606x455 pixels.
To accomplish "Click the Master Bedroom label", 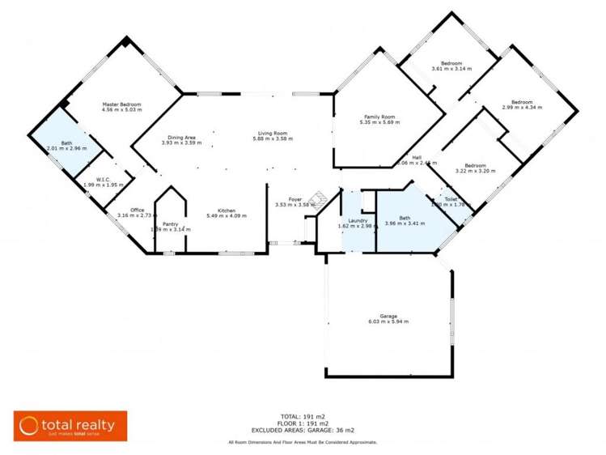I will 121,104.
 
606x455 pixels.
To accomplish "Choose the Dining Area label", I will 181,137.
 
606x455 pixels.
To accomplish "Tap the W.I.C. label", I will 102,179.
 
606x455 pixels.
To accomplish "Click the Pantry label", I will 170,223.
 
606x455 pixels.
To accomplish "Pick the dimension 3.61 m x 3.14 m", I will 451,70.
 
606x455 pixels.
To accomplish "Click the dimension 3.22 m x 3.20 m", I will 474,171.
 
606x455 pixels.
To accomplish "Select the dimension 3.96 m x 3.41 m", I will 404,223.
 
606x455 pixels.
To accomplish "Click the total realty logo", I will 70,425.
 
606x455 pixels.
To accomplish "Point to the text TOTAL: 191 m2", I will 303,415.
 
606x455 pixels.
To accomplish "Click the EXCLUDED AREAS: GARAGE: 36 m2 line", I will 303,430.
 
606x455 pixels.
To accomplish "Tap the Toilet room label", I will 450,198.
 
